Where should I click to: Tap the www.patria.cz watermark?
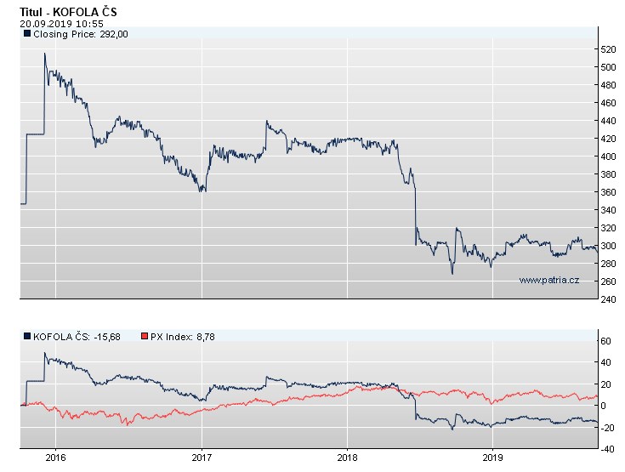pos(548,280)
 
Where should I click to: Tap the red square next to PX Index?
pos(144,337)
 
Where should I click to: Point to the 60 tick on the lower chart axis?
pos(608,341)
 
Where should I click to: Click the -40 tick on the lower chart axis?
pos(608,448)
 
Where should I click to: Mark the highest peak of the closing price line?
pos(45,54)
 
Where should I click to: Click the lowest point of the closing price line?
pos(452,274)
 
